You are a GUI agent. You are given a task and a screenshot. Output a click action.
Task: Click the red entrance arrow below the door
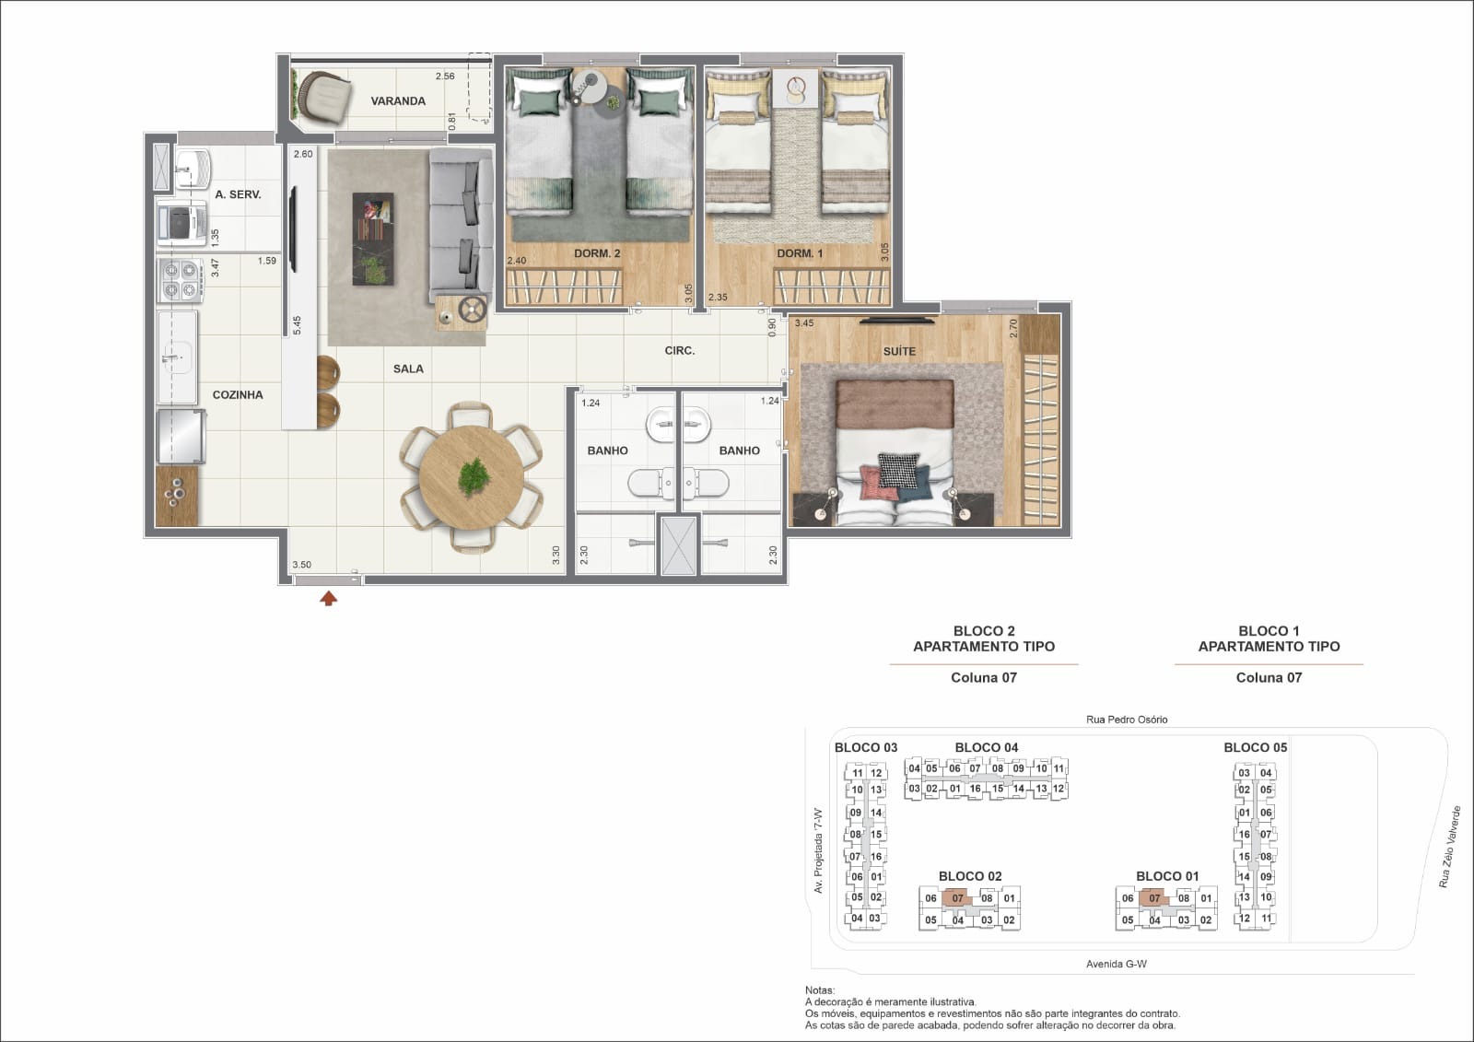328,598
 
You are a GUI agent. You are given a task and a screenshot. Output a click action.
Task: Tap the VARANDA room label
398,100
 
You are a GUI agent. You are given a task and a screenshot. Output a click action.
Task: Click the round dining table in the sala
471,477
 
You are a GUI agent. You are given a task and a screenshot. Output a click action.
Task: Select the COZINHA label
238,395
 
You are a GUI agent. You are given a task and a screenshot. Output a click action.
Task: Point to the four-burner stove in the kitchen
181,280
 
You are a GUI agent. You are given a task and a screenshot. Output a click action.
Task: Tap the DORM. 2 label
597,253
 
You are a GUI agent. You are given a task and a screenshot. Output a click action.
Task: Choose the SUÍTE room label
899,352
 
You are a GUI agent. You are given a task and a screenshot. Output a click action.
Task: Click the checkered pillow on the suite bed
899,470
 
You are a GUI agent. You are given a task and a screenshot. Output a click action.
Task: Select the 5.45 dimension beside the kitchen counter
297,325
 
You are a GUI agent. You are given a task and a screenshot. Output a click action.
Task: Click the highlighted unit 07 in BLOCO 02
957,898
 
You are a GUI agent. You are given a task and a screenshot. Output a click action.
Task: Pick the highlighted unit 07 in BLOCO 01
1153,898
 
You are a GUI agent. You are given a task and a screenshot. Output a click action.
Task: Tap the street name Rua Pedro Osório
1127,720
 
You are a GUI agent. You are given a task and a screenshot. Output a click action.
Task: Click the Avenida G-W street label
1116,964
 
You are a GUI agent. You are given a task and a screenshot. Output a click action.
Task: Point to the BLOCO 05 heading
1255,748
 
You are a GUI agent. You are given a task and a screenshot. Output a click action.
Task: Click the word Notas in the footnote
819,990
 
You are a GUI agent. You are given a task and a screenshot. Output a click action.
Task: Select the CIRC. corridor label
680,351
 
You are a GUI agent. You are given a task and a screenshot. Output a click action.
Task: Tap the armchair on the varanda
323,98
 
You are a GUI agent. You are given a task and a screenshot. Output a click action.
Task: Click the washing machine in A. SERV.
181,224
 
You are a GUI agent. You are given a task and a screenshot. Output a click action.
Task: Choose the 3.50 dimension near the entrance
302,565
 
